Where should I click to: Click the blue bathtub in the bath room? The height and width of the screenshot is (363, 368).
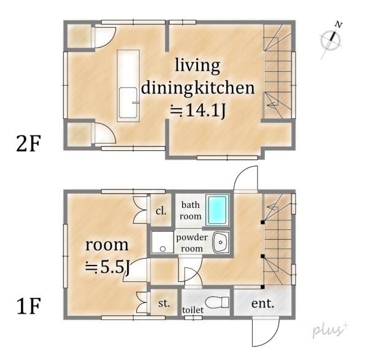pos(217,210)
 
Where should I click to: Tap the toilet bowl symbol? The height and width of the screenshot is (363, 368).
pos(217,302)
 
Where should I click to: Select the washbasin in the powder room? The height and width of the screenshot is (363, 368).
pos(221,242)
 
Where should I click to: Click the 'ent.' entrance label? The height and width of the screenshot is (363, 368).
pos(263,304)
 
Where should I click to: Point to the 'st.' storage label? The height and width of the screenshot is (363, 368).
pos(164,303)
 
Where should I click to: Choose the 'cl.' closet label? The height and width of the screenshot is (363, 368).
pos(161,211)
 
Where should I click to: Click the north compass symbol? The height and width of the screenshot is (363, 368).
pos(331,39)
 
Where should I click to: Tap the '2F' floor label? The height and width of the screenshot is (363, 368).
pos(29,143)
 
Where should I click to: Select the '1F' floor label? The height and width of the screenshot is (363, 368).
pos(29,305)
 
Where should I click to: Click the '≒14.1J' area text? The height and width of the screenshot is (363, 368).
pos(198,110)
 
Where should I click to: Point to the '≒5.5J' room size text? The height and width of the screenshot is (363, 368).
pos(107,267)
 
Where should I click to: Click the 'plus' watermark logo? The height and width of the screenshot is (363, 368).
pos(330,330)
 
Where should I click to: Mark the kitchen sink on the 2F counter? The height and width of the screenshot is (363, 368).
pos(128,102)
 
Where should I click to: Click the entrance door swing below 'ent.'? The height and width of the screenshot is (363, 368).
pos(266,331)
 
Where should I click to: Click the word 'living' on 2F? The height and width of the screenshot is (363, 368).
pos(197,66)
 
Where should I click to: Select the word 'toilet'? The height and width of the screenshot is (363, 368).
pos(193,310)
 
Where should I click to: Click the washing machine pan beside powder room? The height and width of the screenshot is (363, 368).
pos(163,242)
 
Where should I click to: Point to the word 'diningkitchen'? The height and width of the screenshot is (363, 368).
pos(197,88)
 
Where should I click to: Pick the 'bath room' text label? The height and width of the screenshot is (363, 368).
pos(190,210)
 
